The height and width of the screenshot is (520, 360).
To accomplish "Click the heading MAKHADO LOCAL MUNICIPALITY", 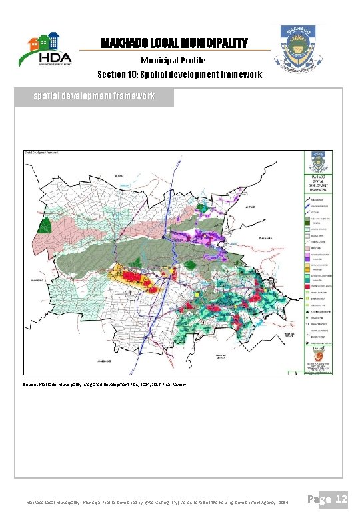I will pos(174,43).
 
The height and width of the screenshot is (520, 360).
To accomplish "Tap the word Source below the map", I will pos(31,385).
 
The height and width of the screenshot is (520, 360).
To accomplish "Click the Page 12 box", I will pos(329,499).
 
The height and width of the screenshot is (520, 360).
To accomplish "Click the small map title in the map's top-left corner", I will pos(41,153).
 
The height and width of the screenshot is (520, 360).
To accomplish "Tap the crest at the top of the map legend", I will pos(317,162).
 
